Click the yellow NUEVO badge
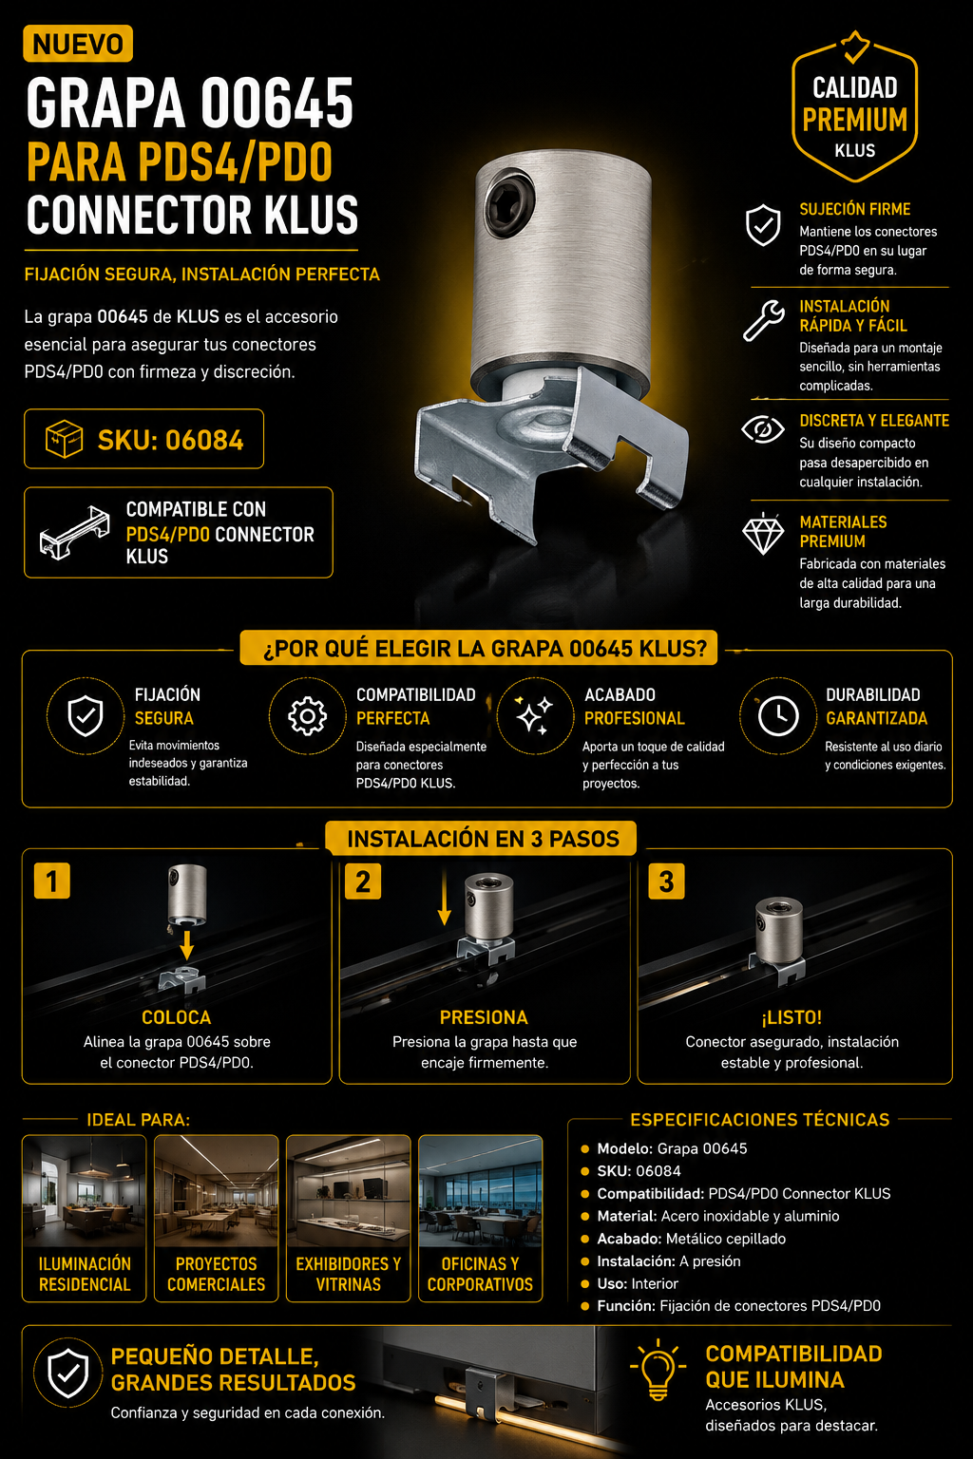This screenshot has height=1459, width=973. coord(78,44)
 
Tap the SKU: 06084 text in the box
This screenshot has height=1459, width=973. coord(170,441)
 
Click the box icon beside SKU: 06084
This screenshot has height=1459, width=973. coord(64,439)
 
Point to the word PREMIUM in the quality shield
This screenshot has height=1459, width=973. coord(854,120)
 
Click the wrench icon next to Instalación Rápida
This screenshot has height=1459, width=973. coord(764,320)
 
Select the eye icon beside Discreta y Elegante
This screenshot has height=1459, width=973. coord(762,430)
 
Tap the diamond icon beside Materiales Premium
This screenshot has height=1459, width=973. coord(763,534)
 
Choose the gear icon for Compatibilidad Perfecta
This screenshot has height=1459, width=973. coord(307,716)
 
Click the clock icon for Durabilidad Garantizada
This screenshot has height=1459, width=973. coord(778,716)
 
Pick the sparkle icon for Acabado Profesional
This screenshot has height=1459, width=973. coord(533,716)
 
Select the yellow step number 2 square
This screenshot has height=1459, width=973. coord(363,881)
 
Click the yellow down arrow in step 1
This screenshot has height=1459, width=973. coord(186,945)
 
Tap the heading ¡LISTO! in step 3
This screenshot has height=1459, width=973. coord(792,1016)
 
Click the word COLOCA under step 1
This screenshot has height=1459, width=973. coord(177,1017)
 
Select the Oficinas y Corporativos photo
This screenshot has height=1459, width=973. coord(480,1191)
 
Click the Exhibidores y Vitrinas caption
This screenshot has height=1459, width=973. coord(348,1274)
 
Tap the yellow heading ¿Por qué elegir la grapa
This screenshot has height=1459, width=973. coord(485,649)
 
